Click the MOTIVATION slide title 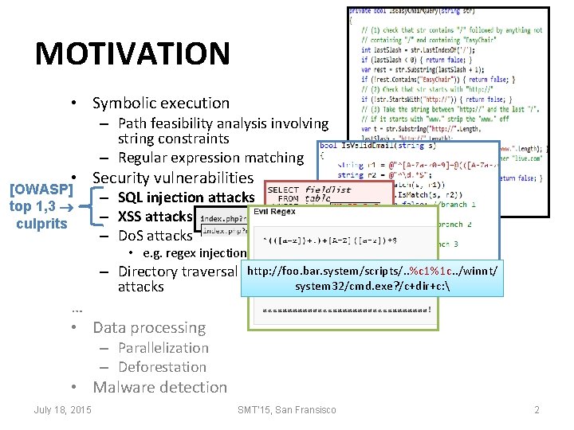[132, 54]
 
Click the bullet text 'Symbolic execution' [160, 103]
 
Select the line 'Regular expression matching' [210, 158]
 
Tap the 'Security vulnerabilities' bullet [172, 178]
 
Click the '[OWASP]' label [41, 190]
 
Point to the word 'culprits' [41, 223]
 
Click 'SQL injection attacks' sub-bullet [186, 197]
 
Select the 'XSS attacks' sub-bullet [155, 216]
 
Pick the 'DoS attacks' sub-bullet [155, 235]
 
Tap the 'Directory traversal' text [177, 272]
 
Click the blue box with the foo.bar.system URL [372, 279]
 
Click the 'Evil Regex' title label [275, 211]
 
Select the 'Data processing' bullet [148, 327]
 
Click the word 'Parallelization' [163, 348]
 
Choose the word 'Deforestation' [162, 367]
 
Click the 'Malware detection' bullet [159, 387]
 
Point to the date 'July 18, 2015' [62, 409]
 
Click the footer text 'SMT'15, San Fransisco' [287, 409]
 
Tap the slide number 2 [537, 409]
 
